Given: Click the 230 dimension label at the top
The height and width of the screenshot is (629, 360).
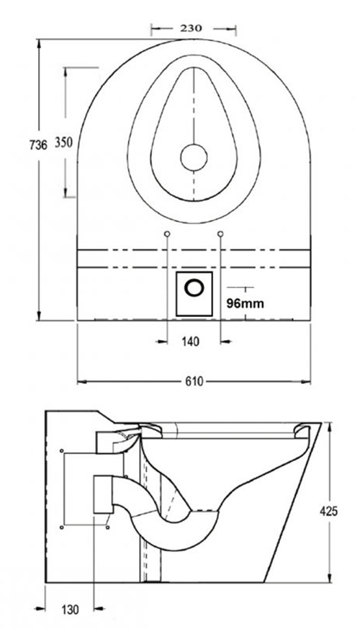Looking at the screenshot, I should point(191,28).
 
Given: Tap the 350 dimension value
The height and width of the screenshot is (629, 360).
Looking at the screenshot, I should point(63,143).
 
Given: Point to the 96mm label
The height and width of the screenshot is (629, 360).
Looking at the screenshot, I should point(244,303).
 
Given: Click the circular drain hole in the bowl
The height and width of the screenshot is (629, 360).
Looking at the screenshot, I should point(193,156).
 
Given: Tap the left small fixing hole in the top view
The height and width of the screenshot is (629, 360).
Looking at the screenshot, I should point(167,234).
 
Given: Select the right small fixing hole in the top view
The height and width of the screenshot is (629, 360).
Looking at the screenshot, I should point(220,234).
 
